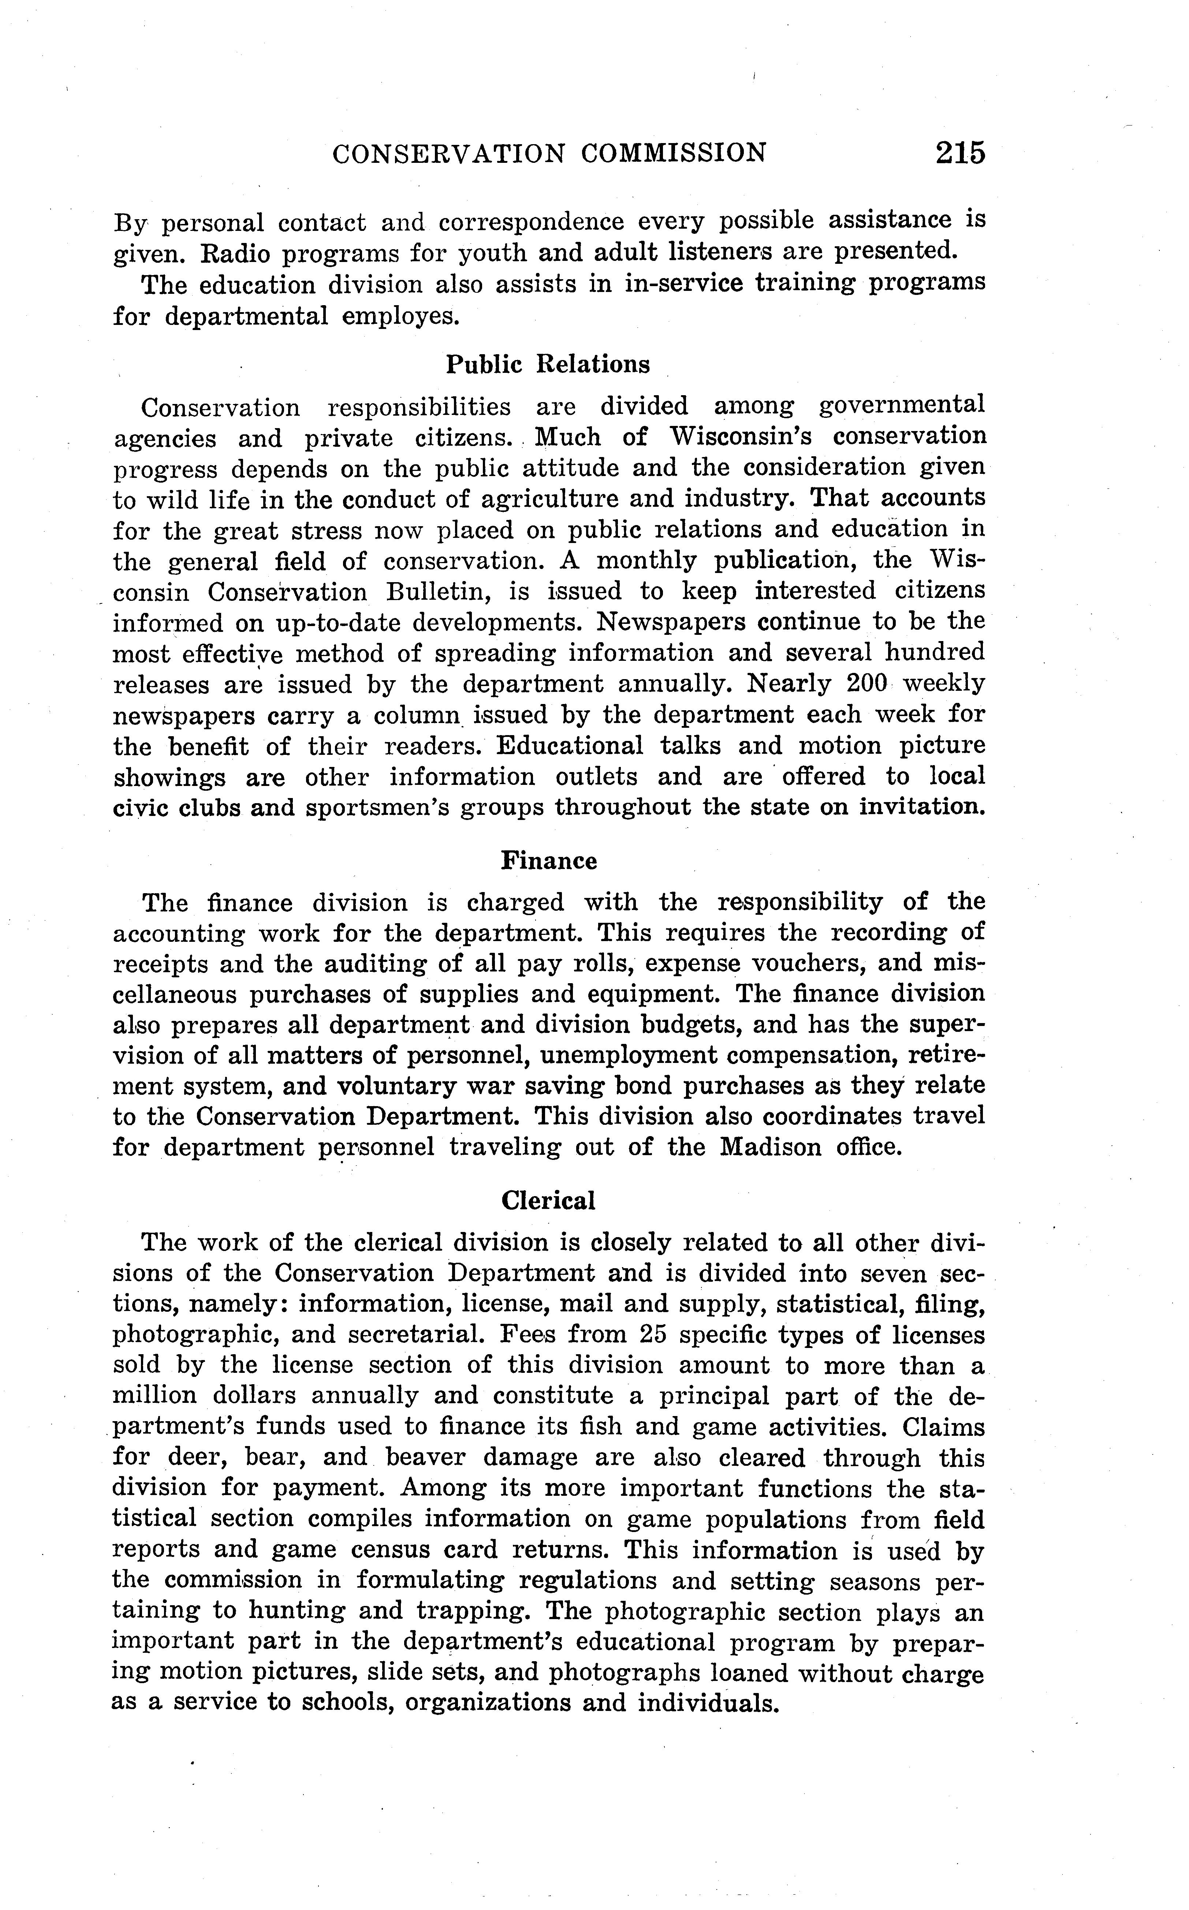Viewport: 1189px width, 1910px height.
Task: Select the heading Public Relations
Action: pos(548,365)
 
